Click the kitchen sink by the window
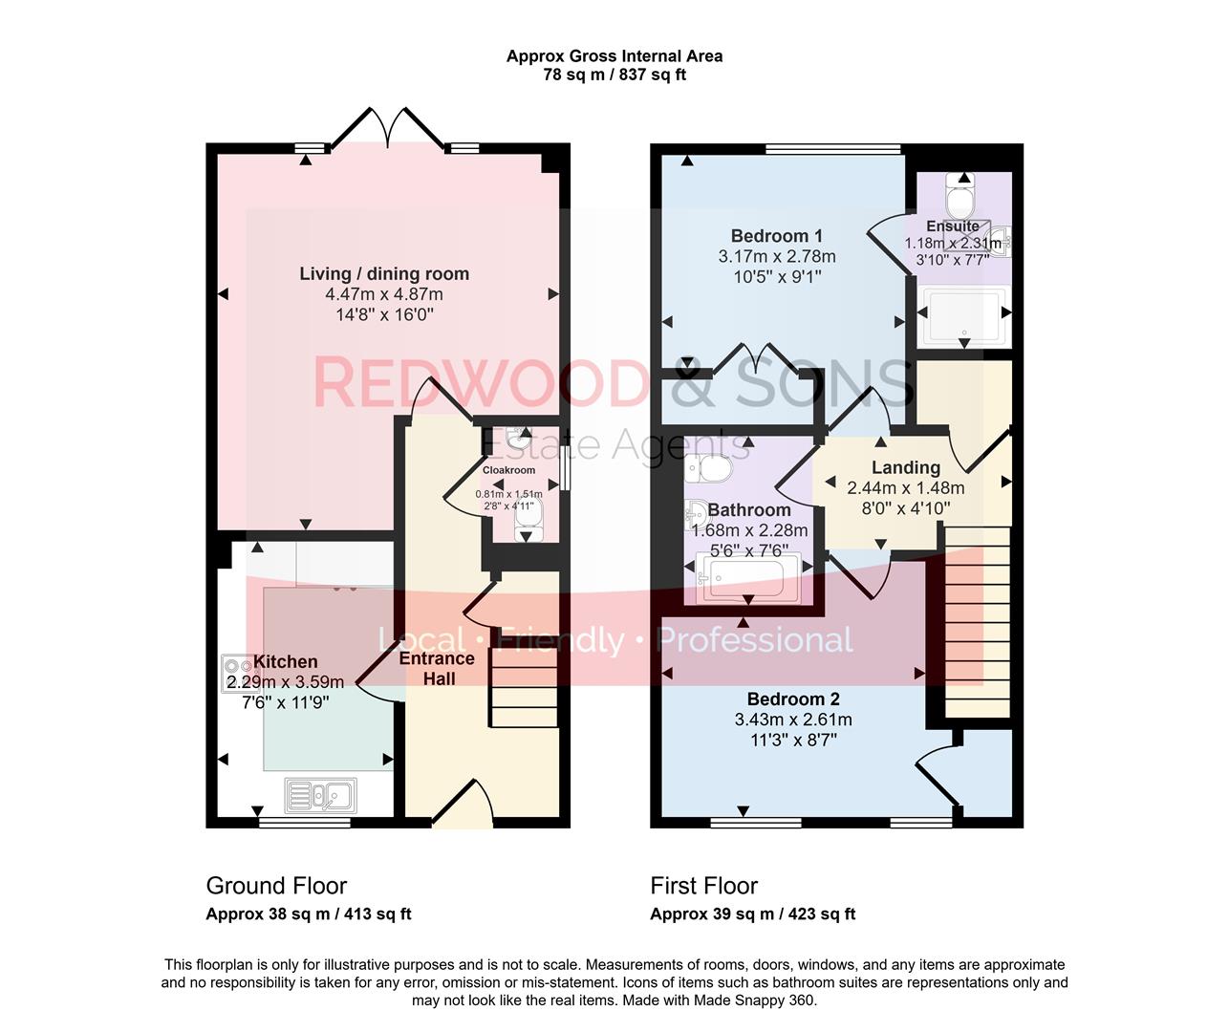pos(321,795)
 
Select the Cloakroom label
pos(508,470)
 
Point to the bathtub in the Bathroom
pos(744,577)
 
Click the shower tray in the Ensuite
pos(963,316)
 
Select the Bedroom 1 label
pos(776,236)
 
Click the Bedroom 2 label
pos(792,699)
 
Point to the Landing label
pos(905,467)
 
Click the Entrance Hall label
pos(436,668)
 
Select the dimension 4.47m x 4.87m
pos(384,294)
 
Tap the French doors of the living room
pos(387,129)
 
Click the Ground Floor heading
pos(276,886)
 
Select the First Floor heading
pos(703,886)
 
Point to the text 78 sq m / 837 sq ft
pos(614,75)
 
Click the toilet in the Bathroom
pos(706,467)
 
